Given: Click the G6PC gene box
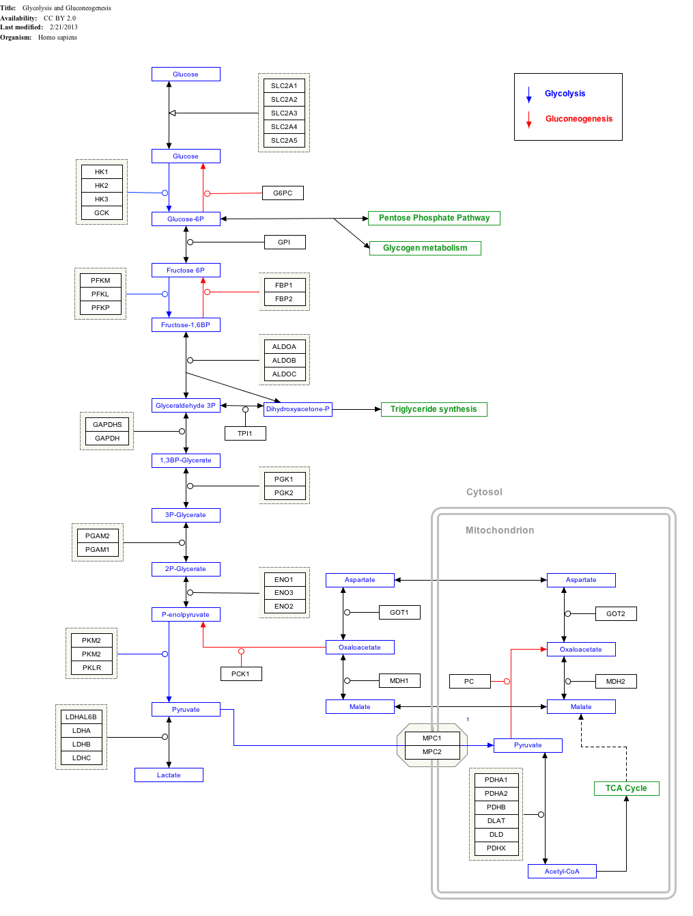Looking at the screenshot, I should pyautogui.click(x=283, y=193).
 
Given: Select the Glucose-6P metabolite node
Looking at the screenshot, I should pyautogui.click(x=186, y=219).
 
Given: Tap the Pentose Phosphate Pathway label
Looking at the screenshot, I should pyautogui.click(x=434, y=218).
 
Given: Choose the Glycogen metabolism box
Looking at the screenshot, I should pyautogui.click(x=425, y=248).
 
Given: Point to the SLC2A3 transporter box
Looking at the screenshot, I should pyautogui.click(x=284, y=113).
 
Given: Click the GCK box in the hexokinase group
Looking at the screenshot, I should pyautogui.click(x=102, y=213).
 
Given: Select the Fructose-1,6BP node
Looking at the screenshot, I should pyautogui.click(x=186, y=325).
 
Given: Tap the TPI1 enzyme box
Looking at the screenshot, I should pyautogui.click(x=245, y=434).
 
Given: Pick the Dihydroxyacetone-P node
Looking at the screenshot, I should pyautogui.click(x=298, y=409).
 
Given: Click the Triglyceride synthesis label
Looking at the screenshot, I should pyautogui.click(x=434, y=409).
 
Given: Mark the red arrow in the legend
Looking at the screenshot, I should pyautogui.click(x=528, y=120).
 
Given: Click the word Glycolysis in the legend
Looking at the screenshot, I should pyautogui.click(x=565, y=94).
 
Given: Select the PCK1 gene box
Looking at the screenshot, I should pyautogui.click(x=241, y=674).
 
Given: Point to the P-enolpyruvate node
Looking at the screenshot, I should pyautogui.click(x=186, y=615).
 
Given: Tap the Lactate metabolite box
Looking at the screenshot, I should pyautogui.click(x=169, y=775).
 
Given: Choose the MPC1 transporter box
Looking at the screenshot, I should pyautogui.click(x=432, y=738).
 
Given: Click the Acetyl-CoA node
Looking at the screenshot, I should pyautogui.click(x=562, y=872).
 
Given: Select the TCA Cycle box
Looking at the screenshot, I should pyautogui.click(x=626, y=788).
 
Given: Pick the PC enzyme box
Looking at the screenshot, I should pyautogui.click(x=469, y=682).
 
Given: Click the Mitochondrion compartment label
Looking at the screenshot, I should pyautogui.click(x=500, y=530).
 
